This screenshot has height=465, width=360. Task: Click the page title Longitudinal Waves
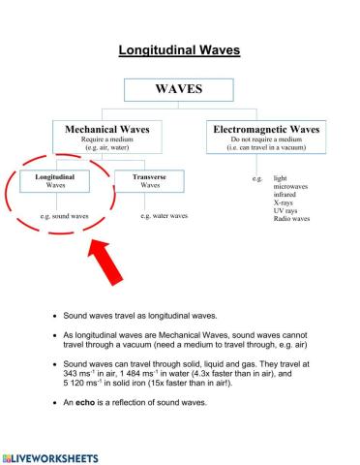[x=179, y=49]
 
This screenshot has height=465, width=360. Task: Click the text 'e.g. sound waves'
[x=65, y=216]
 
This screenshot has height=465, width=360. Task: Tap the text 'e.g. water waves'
[x=164, y=216]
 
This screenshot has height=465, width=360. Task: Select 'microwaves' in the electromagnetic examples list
[x=294, y=187]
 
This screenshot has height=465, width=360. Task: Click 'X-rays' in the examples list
[x=287, y=202]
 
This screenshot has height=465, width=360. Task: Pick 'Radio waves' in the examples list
[x=292, y=219]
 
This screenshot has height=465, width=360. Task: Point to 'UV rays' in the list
[x=288, y=211]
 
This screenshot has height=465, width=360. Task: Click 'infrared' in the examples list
[x=288, y=195]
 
